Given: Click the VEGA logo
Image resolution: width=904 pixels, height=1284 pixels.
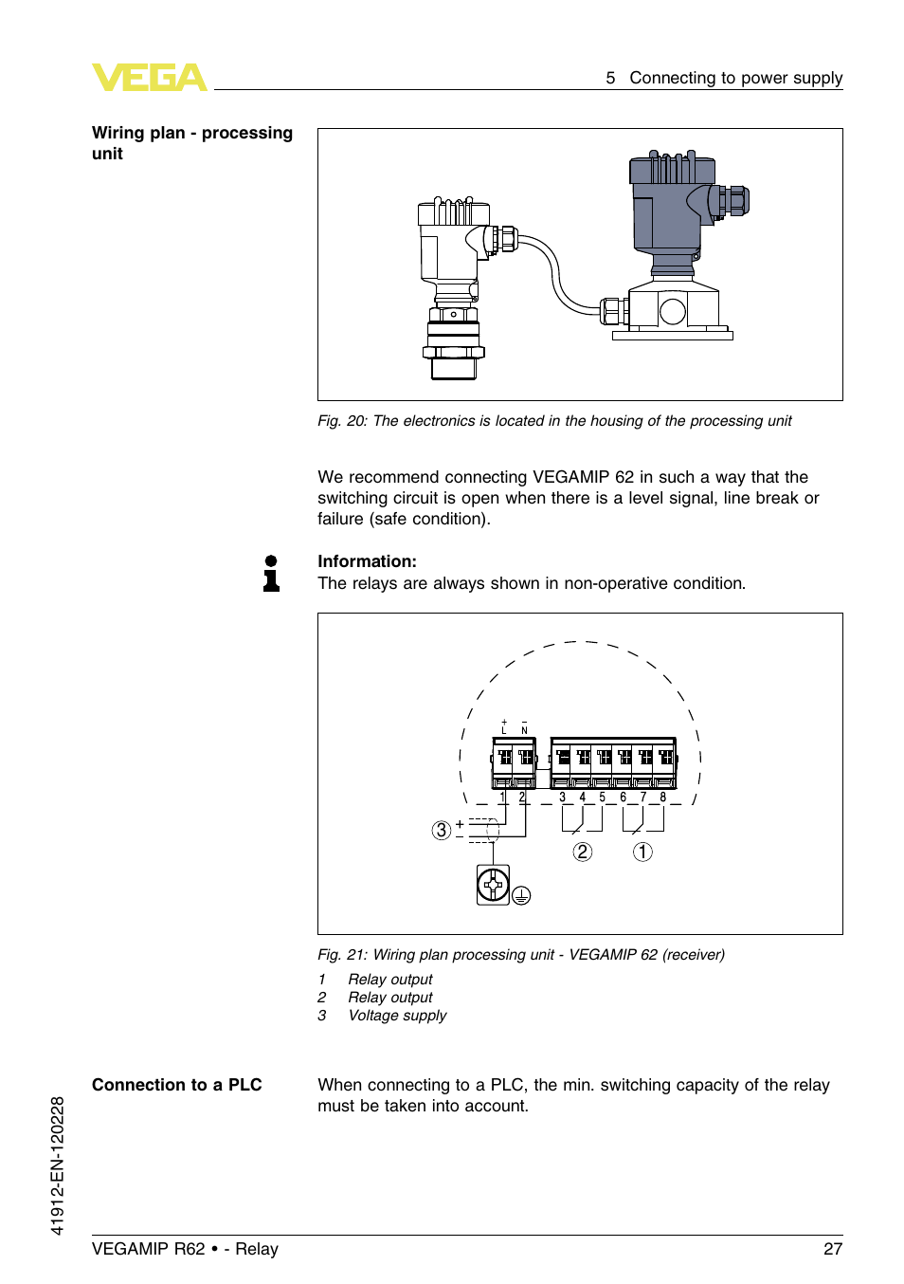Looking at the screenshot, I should [x=149, y=78].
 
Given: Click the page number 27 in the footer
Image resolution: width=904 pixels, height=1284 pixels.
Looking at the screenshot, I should [x=832, y=1249].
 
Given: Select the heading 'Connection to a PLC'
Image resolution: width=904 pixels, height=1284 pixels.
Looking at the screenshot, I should [x=176, y=1085].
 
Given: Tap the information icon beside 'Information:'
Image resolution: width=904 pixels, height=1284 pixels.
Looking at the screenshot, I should [x=271, y=574].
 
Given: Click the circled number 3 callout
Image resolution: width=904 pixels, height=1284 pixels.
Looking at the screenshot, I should [x=441, y=831].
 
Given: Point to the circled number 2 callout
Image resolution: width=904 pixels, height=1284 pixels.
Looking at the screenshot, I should [x=583, y=852].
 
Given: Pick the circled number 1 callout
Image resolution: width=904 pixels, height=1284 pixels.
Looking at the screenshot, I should [x=642, y=852].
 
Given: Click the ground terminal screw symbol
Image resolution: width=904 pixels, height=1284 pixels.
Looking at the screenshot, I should [x=493, y=885].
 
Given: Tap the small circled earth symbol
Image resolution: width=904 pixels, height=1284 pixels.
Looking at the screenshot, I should [x=521, y=895].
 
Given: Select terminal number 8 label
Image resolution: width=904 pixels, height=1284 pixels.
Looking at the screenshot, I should [x=663, y=798].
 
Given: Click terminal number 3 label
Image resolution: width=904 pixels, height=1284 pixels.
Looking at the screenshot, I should [x=562, y=798].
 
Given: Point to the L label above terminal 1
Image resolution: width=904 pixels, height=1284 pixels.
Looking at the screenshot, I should [x=504, y=730].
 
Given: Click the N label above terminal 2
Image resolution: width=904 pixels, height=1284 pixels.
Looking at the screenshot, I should [x=524, y=730].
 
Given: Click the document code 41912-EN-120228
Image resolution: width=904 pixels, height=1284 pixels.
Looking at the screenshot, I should [x=58, y=1165].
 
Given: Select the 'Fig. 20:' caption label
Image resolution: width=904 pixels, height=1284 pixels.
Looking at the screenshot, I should [x=342, y=421].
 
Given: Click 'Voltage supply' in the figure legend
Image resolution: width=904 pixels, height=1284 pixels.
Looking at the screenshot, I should [x=397, y=1016].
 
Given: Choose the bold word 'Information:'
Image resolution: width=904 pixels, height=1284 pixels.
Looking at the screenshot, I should [x=367, y=561].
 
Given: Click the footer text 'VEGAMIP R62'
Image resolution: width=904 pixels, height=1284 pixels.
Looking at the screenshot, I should [x=148, y=1249].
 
